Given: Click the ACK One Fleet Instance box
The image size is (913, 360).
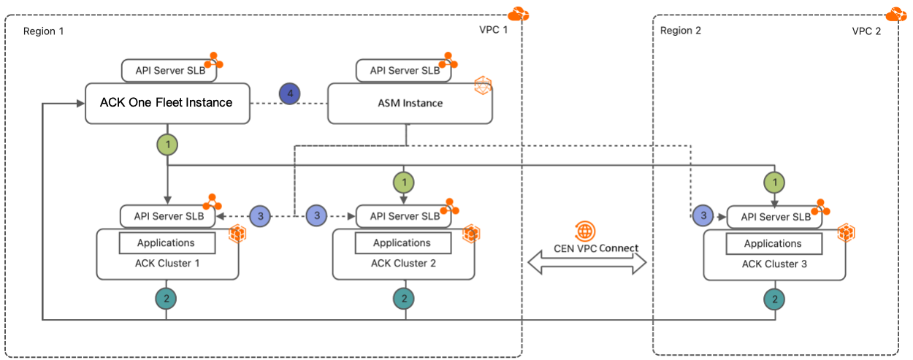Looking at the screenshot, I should (167, 103).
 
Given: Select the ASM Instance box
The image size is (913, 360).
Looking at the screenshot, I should (409, 103).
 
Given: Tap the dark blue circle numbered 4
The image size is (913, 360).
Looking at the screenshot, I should (290, 94).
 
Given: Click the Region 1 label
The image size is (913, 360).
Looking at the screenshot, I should (44, 31).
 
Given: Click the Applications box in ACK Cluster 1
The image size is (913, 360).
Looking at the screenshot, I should (167, 242).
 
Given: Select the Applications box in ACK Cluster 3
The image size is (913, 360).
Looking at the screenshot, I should (773, 244).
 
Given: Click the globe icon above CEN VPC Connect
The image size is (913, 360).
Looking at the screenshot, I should (586, 231).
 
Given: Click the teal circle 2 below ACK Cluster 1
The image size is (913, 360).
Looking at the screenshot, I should (167, 298).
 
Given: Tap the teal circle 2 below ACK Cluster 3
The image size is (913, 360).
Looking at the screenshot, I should (774, 298).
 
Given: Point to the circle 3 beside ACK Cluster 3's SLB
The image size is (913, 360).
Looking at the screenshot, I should (703, 215).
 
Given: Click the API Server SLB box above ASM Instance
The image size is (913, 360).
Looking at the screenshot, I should (405, 71).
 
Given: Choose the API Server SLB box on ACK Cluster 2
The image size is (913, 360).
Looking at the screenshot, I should (405, 215).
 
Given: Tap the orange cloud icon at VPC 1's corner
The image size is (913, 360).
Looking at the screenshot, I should (518, 14).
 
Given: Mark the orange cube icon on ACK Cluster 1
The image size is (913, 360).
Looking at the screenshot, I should (237, 234).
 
